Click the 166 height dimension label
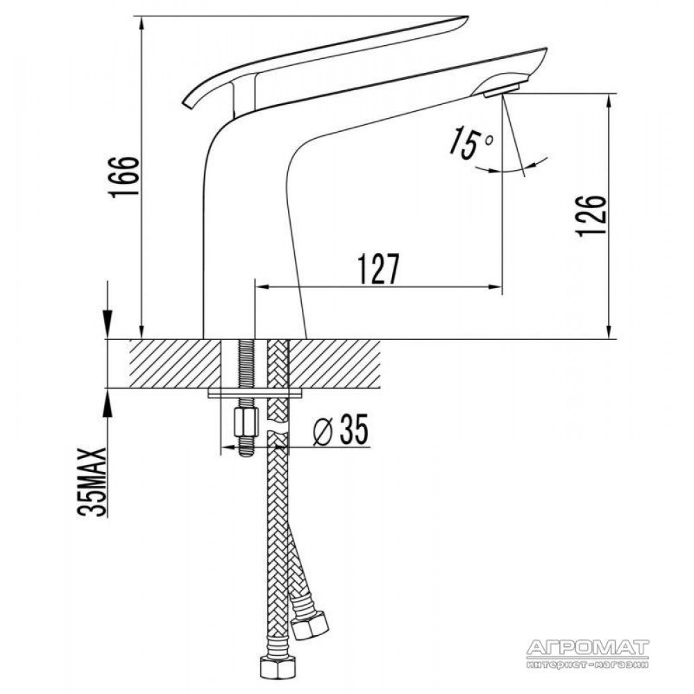[126, 176]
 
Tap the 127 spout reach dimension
[378, 269]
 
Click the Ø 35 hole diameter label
[341, 430]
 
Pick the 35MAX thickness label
[92, 482]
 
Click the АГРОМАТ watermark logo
[588, 652]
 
